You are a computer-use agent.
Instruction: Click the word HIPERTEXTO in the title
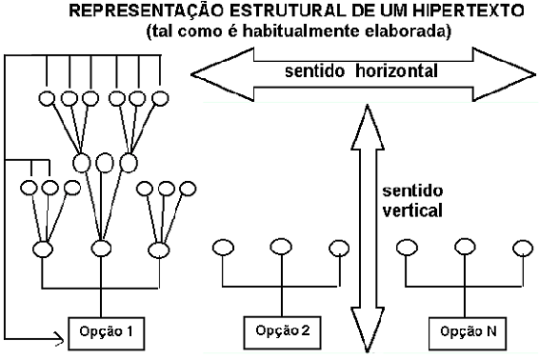pyautogui.click(x=469, y=11)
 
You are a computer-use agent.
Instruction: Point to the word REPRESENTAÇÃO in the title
pyautogui.click(x=147, y=10)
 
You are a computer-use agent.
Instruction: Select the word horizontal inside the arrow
pyautogui.click(x=396, y=70)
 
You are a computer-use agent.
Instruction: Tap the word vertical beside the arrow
pyautogui.click(x=412, y=210)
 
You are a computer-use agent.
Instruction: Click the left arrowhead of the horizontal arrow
pyautogui.click(x=223, y=74)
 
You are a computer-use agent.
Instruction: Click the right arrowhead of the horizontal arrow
pyautogui.click(x=505, y=74)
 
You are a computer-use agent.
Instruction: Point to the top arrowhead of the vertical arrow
pyautogui.click(x=368, y=128)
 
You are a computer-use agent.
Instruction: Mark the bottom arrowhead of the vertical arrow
pyautogui.click(x=368, y=330)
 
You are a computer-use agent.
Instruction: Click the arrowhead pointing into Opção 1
pyautogui.click(x=61, y=339)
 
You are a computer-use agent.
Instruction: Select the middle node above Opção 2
pyautogui.click(x=281, y=247)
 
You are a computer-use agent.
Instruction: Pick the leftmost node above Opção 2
pyautogui.click(x=224, y=248)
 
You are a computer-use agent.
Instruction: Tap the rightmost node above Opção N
pyautogui.click(x=523, y=248)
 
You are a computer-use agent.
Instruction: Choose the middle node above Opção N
pyautogui.click(x=465, y=247)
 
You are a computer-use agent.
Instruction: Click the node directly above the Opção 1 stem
pyautogui.click(x=101, y=249)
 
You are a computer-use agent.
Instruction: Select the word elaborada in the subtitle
pyautogui.click(x=408, y=31)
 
